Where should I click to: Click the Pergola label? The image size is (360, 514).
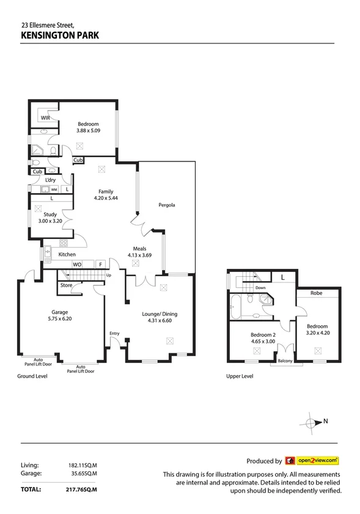point(167,205)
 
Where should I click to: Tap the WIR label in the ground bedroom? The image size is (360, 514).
point(45,117)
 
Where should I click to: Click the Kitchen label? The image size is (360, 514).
point(67,254)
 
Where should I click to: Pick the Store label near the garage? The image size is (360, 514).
point(66,285)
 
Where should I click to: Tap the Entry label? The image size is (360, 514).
point(114,333)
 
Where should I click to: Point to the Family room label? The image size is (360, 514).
point(106,191)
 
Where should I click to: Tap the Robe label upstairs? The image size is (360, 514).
point(316,293)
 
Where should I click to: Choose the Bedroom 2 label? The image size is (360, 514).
point(263,334)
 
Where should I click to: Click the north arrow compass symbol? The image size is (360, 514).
point(312,422)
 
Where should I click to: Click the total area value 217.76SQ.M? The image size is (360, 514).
point(82,490)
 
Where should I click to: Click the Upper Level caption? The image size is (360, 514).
point(239,376)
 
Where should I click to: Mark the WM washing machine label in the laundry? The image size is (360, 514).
point(54,190)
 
